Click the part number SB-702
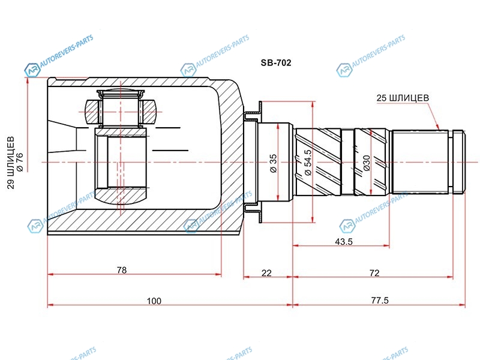[276, 63]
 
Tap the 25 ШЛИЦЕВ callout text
[403, 98]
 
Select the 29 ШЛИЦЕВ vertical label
[11, 163]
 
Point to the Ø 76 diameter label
[20, 162]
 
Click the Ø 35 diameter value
[273, 163]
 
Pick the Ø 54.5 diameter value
[308, 162]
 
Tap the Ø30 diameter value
[367, 163]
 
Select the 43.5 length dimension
[343, 242]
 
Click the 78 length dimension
[122, 270]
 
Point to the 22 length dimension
[266, 273]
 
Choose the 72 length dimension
[374, 273]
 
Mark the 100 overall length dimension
[154, 301]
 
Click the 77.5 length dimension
[380, 301]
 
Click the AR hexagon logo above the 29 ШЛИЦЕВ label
[32, 70]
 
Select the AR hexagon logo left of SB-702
[188, 70]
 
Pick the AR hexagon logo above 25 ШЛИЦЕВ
[344, 70]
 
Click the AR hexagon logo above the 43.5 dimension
[347, 227]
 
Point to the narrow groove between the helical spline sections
[347, 162]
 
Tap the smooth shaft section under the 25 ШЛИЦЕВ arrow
[420, 162]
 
